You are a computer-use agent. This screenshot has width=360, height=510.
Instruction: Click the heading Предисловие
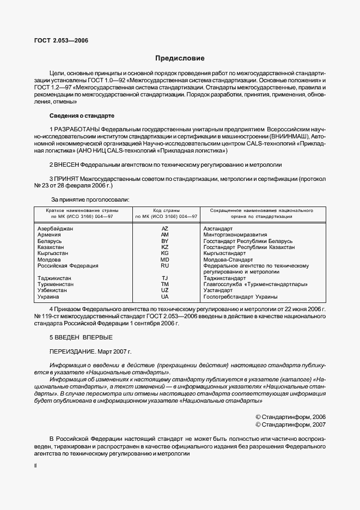tap(180, 58)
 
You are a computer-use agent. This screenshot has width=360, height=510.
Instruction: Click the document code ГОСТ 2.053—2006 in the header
tap(61, 41)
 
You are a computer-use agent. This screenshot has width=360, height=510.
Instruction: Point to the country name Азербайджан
tap(55, 228)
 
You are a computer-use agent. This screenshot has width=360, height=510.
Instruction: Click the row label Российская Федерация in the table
tap(68, 266)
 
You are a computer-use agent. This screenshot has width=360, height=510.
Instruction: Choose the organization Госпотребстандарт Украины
tap(240, 297)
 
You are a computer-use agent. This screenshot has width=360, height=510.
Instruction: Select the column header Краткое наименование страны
tap(82, 210)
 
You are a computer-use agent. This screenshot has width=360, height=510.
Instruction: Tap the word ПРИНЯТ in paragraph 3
tap(66, 178)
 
